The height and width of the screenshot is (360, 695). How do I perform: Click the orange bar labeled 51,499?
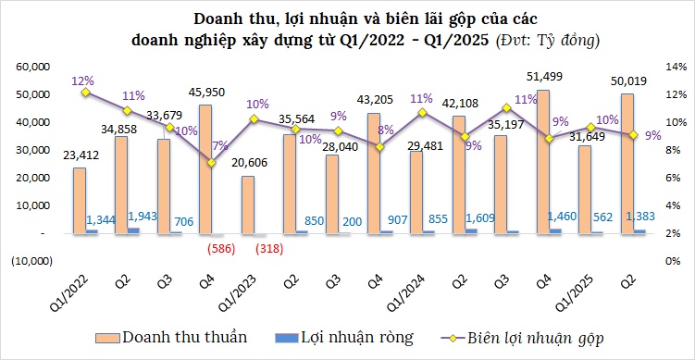tap(543, 162)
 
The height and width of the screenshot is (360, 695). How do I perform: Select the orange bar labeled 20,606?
tap(248, 205)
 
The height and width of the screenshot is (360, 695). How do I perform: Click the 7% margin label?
tap(218, 145)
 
